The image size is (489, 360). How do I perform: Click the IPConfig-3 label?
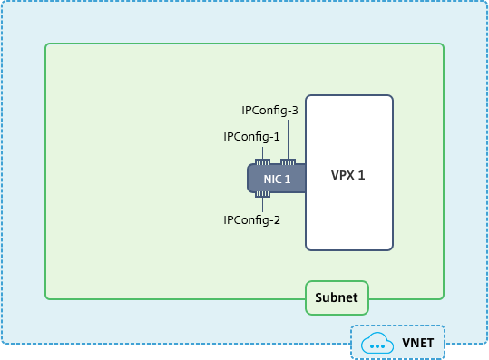click(269, 111)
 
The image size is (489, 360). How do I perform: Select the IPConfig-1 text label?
click(251, 137)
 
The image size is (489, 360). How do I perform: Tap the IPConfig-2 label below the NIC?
click(251, 220)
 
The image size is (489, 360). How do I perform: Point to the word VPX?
click(342, 176)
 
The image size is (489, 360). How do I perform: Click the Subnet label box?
click(337, 297)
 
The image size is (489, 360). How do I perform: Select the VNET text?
click(418, 343)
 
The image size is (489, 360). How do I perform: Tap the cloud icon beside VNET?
click(377, 343)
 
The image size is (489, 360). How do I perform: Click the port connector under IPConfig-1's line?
click(262, 162)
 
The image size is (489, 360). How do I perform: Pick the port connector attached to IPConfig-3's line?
click(288, 162)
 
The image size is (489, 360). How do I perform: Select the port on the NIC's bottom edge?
click(262, 194)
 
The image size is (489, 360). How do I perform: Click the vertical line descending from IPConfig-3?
click(288, 140)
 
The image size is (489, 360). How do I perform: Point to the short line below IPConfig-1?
click(262, 153)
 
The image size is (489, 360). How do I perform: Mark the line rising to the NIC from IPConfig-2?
click(262, 205)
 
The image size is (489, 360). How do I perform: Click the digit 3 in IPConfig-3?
click(295, 111)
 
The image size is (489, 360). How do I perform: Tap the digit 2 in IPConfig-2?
click(277, 220)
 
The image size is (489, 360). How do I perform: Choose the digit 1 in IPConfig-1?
click(277, 137)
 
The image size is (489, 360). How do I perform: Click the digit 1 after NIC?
click(288, 180)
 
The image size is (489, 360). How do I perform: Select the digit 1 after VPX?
click(361, 176)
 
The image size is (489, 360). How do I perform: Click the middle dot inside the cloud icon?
click(377, 346)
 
